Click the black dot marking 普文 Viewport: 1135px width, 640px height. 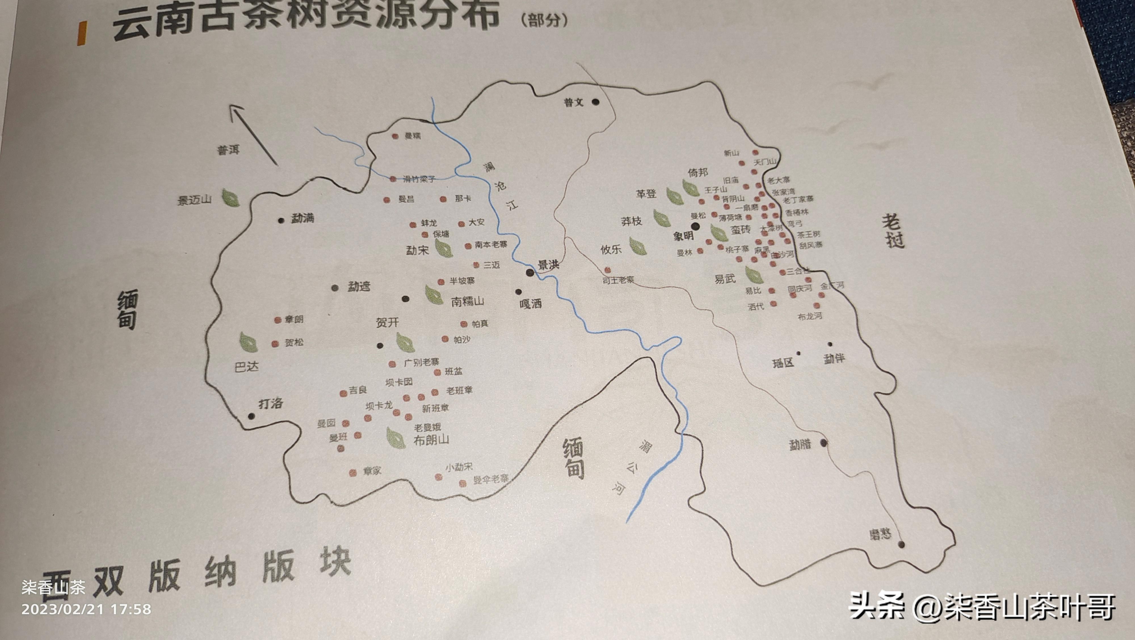596,102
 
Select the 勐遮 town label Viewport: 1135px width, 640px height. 359,287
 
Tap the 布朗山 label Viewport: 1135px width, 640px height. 431,440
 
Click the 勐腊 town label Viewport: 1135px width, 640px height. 800,445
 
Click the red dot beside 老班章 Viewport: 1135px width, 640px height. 435,391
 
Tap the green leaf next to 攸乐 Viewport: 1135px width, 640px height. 638,246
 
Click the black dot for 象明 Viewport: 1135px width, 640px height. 695,226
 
